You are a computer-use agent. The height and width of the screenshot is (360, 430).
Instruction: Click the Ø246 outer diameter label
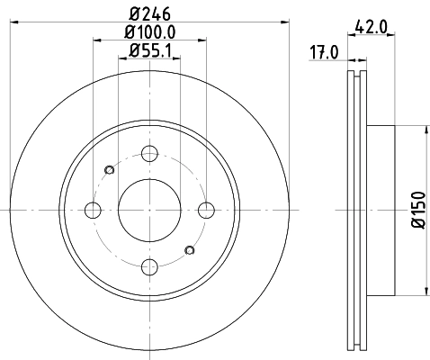point(149,13)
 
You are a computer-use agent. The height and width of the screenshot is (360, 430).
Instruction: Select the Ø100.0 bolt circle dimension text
point(149,32)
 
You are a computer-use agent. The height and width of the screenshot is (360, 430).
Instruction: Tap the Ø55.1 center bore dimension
point(149,50)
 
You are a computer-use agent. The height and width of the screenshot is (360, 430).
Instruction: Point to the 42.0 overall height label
point(371,27)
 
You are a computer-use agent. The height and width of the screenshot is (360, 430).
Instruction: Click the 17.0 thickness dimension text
point(324,52)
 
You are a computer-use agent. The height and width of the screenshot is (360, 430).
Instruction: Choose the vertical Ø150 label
point(419,210)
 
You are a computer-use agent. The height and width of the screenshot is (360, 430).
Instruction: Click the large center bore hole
point(149,210)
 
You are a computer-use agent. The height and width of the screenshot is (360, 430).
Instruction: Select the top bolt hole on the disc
point(149,154)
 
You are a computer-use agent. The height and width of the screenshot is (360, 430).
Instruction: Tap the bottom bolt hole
point(149,266)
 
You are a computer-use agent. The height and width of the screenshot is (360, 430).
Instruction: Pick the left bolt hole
point(93,210)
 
